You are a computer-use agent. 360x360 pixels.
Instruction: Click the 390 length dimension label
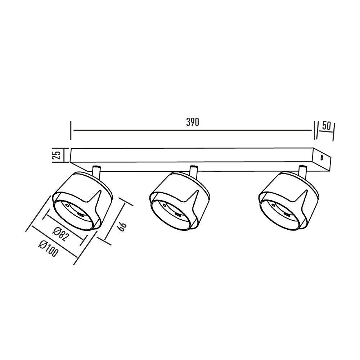(x=193, y=122)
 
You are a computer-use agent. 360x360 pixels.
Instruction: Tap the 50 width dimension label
(x=327, y=126)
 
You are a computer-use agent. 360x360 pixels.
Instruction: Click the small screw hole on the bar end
(x=322, y=157)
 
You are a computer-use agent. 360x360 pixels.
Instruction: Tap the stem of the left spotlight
(x=96, y=171)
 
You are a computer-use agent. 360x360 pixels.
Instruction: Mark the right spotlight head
(x=288, y=202)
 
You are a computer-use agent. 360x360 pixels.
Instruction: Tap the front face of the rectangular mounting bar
(x=191, y=156)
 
